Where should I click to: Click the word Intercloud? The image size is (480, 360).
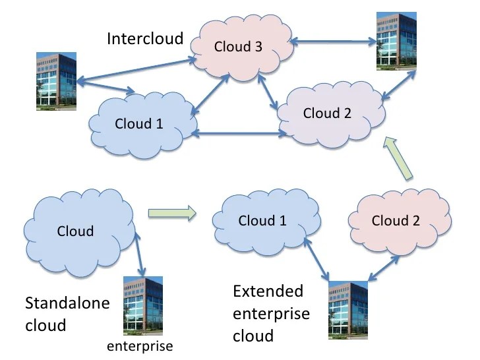[144, 39]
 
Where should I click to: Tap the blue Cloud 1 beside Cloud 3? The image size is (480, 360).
[139, 123]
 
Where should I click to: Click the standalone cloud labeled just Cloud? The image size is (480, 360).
[75, 231]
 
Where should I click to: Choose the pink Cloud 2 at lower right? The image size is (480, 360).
[396, 221]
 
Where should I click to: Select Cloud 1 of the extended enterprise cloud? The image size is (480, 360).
[262, 221]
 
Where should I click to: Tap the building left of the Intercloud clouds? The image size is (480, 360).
[56, 80]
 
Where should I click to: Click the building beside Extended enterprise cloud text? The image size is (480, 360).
[347, 311]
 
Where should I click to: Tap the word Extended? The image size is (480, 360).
[268, 291]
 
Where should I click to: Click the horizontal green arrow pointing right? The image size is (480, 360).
[172, 213]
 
